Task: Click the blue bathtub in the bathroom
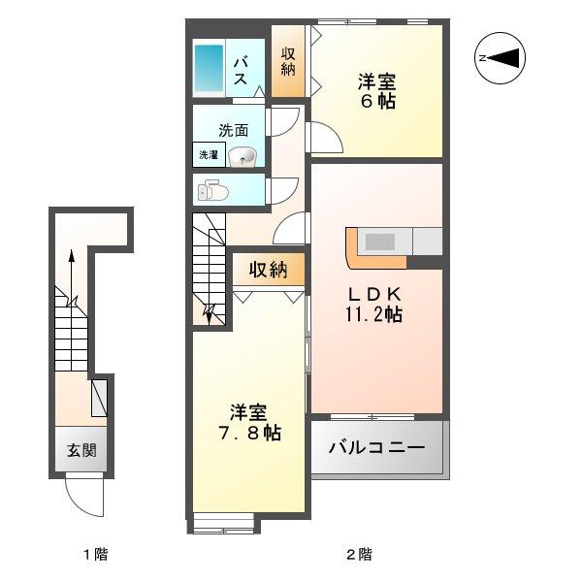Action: point(209,68)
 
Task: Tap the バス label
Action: point(241,71)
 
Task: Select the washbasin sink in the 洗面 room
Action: point(242,156)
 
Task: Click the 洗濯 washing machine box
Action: point(209,154)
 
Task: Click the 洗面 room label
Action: point(234,130)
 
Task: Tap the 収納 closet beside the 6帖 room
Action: point(288,62)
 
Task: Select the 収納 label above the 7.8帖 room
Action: point(268,269)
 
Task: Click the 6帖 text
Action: point(378,100)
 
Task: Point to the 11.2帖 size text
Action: point(373,314)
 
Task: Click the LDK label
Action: point(374,295)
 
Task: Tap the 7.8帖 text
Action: point(250,433)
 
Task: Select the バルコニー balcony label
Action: point(376,447)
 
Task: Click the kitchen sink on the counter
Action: point(380,242)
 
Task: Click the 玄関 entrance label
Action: point(81,450)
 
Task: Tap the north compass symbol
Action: point(500,58)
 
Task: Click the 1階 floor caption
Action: point(95,555)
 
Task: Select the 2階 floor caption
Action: point(359,555)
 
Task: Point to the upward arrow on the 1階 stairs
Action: point(71,277)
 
